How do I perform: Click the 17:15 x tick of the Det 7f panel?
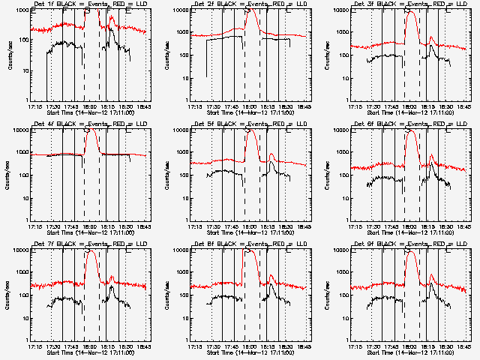[x=34, y=346]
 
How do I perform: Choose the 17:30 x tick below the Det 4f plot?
[x=52, y=226]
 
